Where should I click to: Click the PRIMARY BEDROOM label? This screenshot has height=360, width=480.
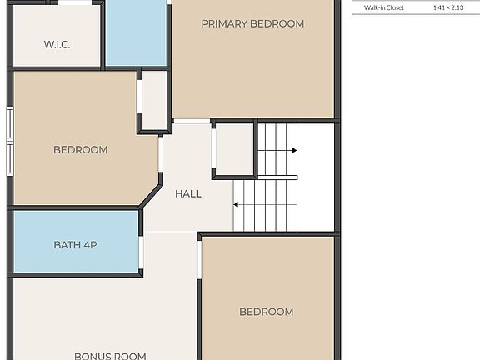[x=252, y=24]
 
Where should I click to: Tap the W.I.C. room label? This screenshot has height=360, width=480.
[x=57, y=45]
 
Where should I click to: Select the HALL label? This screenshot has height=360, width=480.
[x=188, y=194]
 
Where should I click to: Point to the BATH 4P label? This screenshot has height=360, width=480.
[x=75, y=245]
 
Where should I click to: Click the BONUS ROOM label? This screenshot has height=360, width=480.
[x=110, y=356]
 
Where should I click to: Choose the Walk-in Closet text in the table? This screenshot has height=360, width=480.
[x=384, y=7]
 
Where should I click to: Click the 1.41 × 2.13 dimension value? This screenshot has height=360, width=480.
[x=448, y=7]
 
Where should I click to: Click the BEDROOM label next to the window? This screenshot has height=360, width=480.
[x=80, y=150]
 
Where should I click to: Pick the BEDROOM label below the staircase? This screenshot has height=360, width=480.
[x=267, y=312]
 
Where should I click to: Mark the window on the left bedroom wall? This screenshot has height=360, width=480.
[x=10, y=141]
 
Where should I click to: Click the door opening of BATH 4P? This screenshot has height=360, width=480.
[x=141, y=252]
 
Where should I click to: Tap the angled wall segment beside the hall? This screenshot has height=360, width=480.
[x=150, y=195]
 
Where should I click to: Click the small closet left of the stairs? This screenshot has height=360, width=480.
[x=234, y=150]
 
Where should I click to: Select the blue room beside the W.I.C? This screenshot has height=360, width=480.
[x=136, y=32]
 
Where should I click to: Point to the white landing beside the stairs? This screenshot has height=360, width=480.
[x=316, y=177]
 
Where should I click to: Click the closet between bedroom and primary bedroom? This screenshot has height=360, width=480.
[x=154, y=100]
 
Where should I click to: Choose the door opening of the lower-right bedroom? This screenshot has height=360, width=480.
[x=199, y=260]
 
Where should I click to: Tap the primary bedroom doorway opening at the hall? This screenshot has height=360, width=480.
[x=192, y=122]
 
